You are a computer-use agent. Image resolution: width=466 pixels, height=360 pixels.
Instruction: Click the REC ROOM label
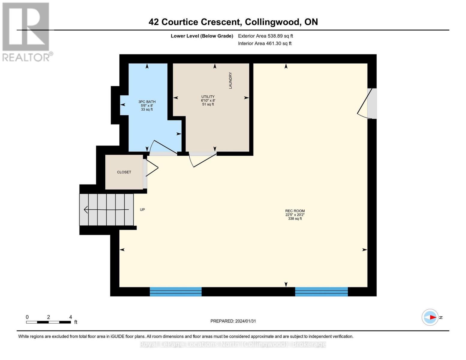295,211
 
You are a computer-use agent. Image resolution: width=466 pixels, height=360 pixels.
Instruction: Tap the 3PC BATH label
147,102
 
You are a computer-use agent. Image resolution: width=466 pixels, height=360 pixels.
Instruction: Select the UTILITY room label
208,97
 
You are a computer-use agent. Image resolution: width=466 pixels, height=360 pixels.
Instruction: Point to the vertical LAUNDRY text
230,80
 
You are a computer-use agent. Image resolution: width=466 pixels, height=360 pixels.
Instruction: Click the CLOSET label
124,172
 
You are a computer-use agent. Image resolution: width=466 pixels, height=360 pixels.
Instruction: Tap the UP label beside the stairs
142,210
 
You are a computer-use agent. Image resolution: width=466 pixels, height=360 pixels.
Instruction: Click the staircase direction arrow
107,210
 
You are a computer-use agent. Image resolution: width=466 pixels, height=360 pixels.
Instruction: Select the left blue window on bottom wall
176,292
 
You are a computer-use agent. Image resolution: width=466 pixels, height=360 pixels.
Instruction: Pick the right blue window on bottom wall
321,292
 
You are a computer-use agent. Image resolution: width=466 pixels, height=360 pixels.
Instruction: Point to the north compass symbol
430,317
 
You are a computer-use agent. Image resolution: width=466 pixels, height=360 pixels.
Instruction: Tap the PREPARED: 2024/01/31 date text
233,321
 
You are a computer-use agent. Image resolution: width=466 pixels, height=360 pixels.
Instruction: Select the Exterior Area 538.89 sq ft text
265,36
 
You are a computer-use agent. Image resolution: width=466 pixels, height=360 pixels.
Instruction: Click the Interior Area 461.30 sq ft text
265,43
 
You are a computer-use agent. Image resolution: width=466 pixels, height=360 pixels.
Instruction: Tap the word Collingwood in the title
273,22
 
